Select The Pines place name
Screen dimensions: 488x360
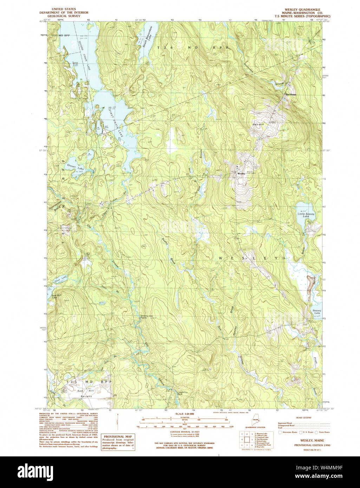pos(291,94)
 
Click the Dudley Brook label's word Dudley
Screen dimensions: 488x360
pos(164,243)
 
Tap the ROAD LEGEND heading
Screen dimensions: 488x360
pos(303,418)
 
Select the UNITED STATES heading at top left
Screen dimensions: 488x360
pos(64,9)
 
